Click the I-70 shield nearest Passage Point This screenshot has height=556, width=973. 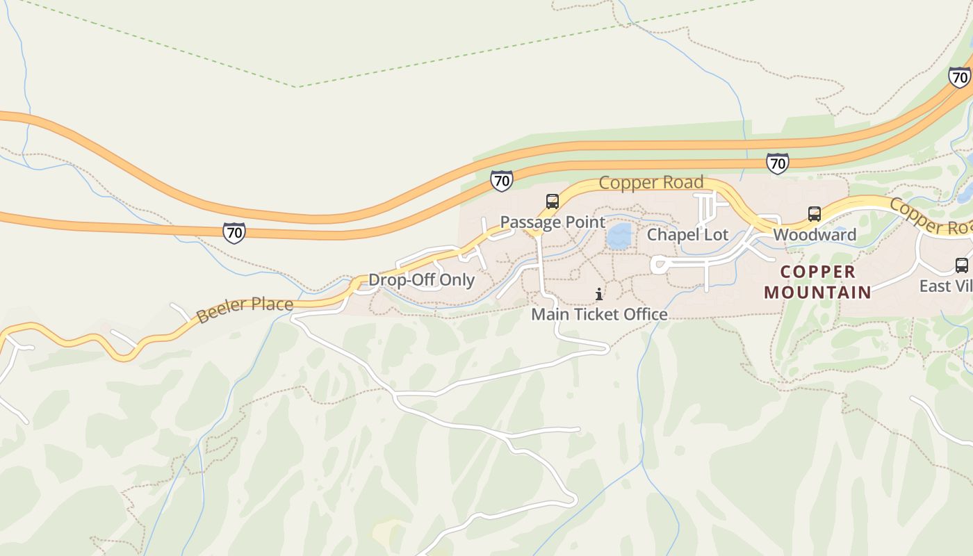[501, 181]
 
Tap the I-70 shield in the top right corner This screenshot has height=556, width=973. [960, 77]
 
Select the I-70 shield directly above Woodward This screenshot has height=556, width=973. [777, 163]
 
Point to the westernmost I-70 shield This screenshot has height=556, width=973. [234, 233]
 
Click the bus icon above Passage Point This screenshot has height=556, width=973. [553, 202]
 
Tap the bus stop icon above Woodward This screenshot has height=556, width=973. [815, 214]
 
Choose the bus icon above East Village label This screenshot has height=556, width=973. [962, 265]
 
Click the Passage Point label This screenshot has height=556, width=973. [553, 222]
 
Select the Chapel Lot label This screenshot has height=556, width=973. [687, 235]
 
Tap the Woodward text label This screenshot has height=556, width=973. [815, 235]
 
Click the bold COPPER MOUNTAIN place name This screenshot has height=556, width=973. [817, 281]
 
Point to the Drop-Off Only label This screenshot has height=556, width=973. [421, 280]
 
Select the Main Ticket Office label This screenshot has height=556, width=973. [599, 315]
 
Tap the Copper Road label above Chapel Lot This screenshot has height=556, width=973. [651, 183]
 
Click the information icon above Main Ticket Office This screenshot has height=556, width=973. [599, 295]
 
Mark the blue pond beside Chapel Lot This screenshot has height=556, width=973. [619, 236]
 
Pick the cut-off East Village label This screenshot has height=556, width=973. [946, 286]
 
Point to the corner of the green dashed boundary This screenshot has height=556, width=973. [297, 87]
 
